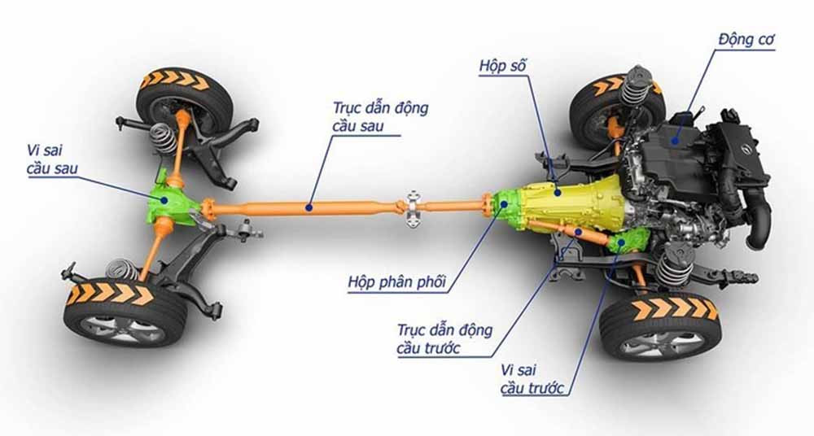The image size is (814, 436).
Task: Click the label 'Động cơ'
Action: (x=746, y=39)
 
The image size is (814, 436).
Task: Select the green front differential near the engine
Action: (x=628, y=243)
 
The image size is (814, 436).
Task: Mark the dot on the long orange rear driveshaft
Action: (x=309, y=207)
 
